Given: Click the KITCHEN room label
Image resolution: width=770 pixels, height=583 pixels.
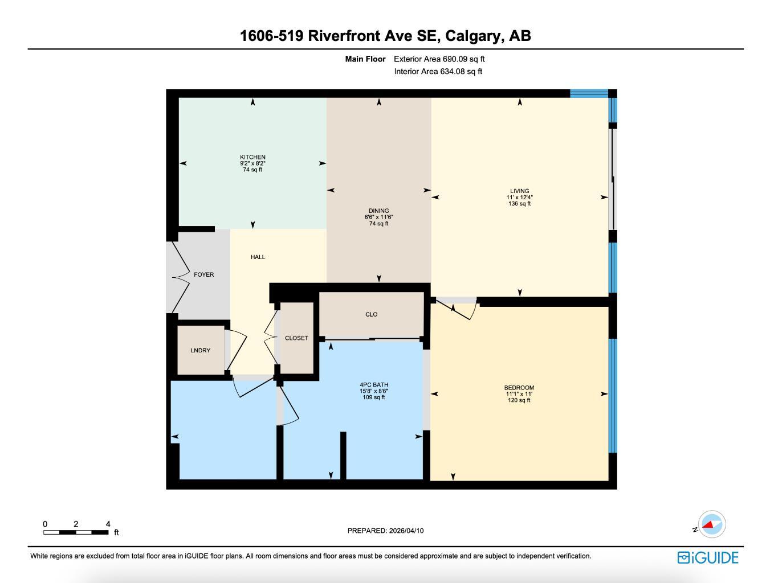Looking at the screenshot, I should [x=252, y=157].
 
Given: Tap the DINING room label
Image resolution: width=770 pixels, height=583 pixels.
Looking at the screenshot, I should [x=378, y=211].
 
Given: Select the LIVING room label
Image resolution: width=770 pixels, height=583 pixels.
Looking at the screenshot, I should [x=519, y=191].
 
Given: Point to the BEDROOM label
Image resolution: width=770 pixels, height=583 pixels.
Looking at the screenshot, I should [x=519, y=388].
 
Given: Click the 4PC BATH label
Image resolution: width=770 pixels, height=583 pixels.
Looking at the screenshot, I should [x=374, y=385].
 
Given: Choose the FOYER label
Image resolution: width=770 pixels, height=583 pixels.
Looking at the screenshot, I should [x=203, y=274].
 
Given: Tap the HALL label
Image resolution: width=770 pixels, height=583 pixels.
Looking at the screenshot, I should [x=258, y=257].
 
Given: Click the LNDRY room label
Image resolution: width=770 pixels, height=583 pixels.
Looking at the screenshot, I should [x=200, y=351].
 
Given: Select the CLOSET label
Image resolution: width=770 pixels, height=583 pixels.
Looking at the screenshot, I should [x=296, y=338].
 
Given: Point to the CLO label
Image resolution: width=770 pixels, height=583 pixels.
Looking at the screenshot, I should [x=371, y=314].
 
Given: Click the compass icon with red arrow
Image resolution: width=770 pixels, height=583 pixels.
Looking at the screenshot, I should [x=712, y=524].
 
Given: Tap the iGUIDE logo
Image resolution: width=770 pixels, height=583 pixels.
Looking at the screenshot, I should [x=708, y=557].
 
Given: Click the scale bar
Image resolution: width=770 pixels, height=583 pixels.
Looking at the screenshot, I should [x=76, y=532].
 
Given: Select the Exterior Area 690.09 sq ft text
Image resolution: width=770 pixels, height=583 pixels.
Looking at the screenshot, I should [x=439, y=59].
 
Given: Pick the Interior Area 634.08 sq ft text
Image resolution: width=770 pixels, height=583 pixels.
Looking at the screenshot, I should [x=438, y=72].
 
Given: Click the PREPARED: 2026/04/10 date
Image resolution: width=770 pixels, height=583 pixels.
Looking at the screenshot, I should [x=385, y=531].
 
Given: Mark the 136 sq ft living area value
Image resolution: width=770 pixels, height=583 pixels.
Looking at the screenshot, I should [x=519, y=204].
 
